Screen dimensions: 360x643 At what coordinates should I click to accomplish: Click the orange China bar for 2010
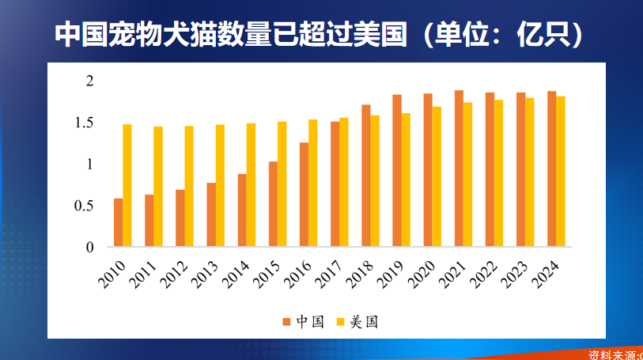(118, 222)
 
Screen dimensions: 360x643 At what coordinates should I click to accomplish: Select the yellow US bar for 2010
(127, 185)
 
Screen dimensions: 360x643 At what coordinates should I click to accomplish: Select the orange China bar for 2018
(366, 176)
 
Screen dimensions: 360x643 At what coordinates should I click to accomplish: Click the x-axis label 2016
(297, 274)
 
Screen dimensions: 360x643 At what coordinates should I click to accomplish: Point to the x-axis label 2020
(422, 274)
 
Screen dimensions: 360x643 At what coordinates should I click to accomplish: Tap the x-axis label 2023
(515, 274)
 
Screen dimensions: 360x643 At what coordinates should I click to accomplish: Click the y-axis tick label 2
(89, 81)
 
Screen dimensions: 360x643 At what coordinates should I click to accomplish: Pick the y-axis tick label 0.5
(84, 206)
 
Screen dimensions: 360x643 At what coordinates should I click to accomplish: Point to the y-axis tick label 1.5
(84, 123)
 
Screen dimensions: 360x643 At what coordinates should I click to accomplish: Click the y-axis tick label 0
(89, 247)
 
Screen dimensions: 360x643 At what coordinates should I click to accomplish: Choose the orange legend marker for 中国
(286, 321)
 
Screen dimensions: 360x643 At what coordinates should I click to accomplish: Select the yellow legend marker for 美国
(341, 321)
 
